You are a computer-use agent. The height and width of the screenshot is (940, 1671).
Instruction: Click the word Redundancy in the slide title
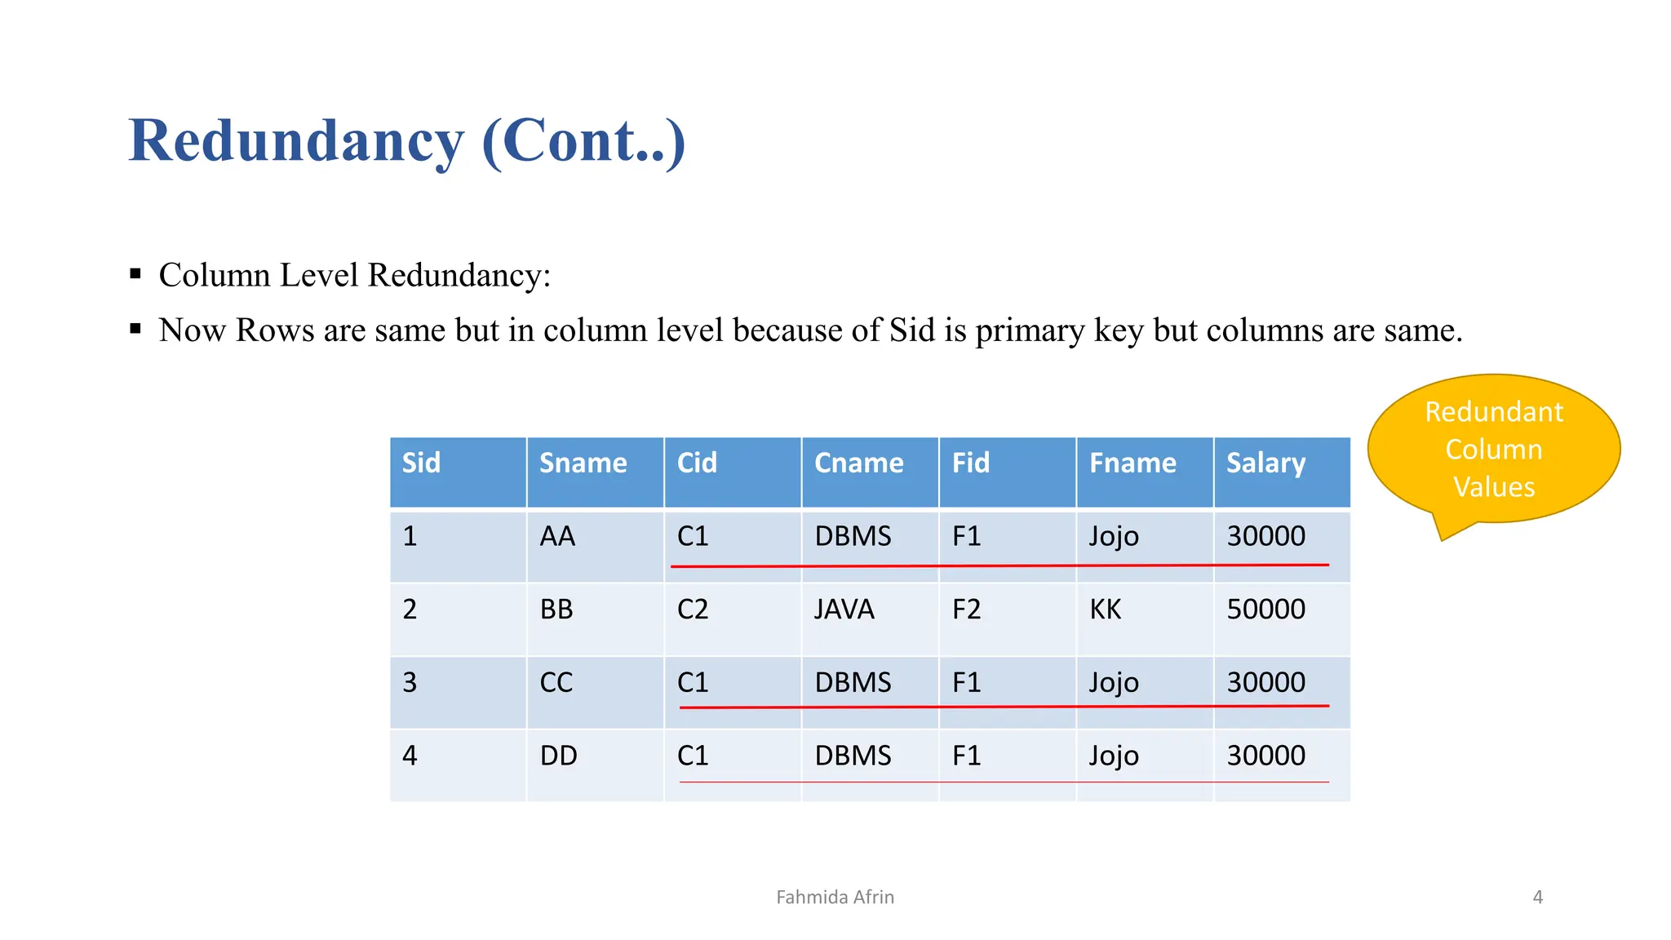[x=296, y=141]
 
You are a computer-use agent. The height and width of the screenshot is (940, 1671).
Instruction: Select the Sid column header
[x=421, y=463]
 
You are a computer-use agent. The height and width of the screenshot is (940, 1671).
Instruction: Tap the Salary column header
[x=1265, y=463]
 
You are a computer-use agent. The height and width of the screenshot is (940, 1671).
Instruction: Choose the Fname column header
[x=1132, y=463]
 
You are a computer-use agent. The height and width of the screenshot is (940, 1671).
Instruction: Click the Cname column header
[x=858, y=463]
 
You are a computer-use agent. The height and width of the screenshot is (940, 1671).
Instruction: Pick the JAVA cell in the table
[x=844, y=610]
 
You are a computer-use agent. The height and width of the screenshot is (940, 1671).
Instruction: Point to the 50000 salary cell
[x=1265, y=610]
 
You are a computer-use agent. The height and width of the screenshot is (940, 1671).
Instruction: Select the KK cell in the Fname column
[x=1106, y=610]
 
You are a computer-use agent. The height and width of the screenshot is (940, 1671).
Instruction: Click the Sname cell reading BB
[x=556, y=610]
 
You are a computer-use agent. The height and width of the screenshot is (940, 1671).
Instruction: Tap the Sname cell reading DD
[x=558, y=756]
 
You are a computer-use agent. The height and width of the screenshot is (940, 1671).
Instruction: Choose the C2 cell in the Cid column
[x=693, y=610]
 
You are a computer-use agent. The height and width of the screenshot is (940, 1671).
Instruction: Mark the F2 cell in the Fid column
[x=966, y=610]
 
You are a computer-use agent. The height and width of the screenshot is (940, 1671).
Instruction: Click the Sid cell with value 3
[x=410, y=682]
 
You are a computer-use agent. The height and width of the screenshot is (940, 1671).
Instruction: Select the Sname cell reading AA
[x=557, y=536]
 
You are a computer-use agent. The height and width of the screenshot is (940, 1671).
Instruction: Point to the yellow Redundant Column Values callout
[x=1493, y=450]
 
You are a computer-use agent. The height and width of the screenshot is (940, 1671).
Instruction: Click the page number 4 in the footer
[x=1537, y=898]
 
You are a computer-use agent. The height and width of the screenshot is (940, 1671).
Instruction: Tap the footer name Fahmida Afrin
[x=835, y=898]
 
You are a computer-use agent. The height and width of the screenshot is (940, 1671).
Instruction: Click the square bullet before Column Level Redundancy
[x=135, y=274]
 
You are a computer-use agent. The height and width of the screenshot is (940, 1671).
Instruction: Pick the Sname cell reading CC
[x=556, y=682]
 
